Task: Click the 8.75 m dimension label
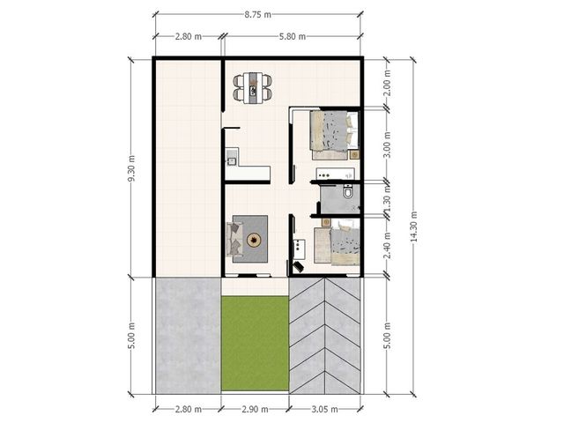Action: [257, 15]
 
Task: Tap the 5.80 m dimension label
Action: [293, 36]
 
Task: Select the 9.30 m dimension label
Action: [131, 168]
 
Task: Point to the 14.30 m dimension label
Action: [413, 226]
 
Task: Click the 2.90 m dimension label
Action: [255, 409]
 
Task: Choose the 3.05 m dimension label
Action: [324, 409]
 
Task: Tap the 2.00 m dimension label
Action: [387, 83]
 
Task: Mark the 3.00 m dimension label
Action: [387, 145]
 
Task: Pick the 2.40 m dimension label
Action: [387, 246]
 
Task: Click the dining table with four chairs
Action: [252, 88]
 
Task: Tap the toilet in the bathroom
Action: [348, 192]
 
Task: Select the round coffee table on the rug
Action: [254, 240]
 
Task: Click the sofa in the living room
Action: [234, 240]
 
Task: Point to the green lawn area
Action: [255, 344]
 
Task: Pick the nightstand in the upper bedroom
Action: [354, 155]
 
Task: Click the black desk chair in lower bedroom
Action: [298, 267]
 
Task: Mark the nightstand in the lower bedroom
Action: [326, 222]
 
